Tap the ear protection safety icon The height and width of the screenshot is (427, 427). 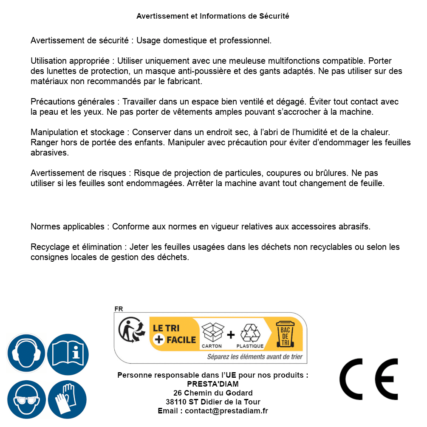tap(26, 353)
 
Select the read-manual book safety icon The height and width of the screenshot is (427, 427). tap(68, 353)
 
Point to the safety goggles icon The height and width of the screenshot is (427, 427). tap(26, 399)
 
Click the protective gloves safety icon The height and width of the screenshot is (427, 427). tap(67, 399)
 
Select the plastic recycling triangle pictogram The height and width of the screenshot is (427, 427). tap(250, 333)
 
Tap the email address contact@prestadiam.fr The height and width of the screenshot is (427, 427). tap(226, 411)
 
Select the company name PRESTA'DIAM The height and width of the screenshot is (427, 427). tap(213, 384)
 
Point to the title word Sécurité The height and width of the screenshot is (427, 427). tap(274, 16)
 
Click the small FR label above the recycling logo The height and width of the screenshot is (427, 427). tap(119, 309)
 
